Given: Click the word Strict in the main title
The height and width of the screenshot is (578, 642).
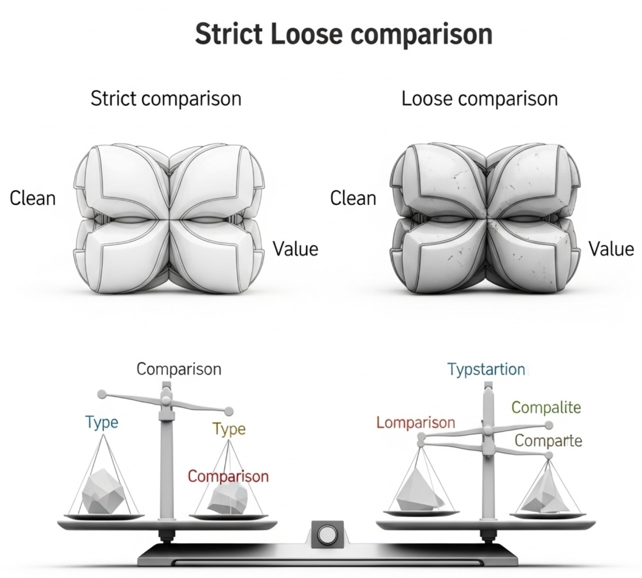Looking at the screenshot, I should tap(228, 34).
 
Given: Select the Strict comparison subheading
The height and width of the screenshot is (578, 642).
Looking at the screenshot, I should tap(166, 99).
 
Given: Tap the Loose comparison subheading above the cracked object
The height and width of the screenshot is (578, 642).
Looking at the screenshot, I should tap(479, 99).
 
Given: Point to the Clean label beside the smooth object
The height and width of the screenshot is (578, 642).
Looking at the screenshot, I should tap(33, 199).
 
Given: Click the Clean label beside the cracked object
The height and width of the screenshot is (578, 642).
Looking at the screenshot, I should tap(353, 199).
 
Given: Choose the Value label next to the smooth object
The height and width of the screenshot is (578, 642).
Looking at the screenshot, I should tap(295, 249).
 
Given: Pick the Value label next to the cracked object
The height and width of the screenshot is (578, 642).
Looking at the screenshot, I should tap(611, 249).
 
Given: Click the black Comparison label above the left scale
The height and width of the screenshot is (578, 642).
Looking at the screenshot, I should tap(179, 369).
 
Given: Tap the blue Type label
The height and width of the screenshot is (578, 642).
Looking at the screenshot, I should tap(102, 422).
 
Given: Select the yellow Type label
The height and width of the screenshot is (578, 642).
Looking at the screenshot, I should tap(229, 429).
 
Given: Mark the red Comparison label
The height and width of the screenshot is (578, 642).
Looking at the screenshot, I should tap(228, 476).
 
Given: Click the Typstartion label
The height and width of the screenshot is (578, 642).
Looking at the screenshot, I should tap(486, 369).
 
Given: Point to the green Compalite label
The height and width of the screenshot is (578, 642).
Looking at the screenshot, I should tap(546, 407).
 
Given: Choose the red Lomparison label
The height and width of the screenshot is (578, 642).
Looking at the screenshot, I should tap(415, 422).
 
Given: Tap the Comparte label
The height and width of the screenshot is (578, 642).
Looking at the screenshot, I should tap(548, 441).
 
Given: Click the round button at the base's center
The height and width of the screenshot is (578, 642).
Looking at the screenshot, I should tap(327, 535).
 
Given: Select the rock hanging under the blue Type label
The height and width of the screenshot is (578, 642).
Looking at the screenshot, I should tap(104, 491).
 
